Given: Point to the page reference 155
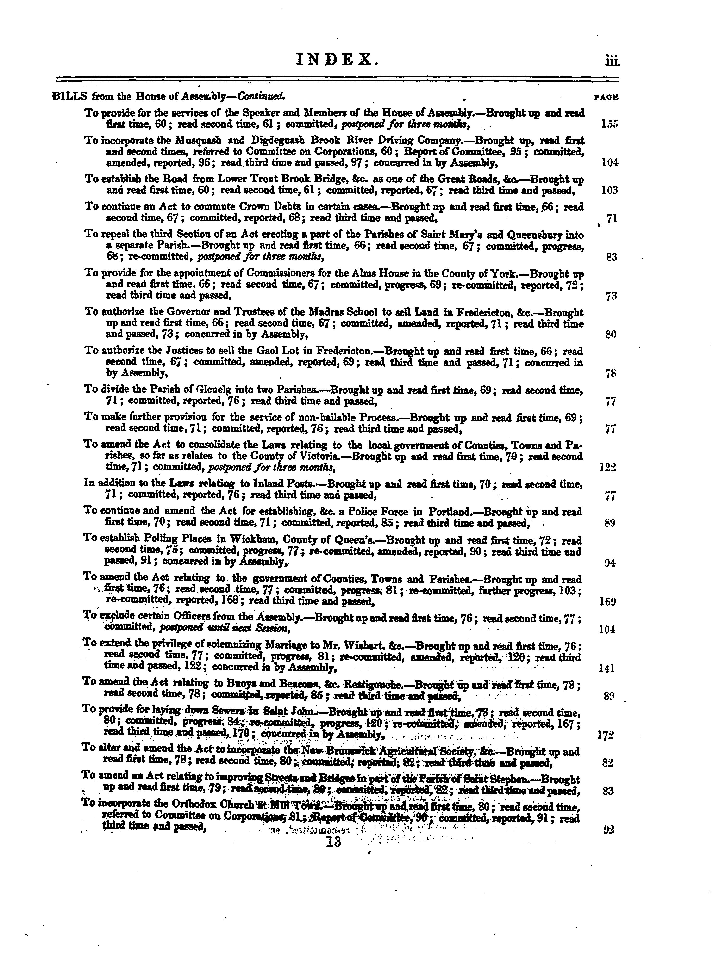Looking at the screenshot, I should [610, 124].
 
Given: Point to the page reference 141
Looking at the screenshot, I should [608, 669].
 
